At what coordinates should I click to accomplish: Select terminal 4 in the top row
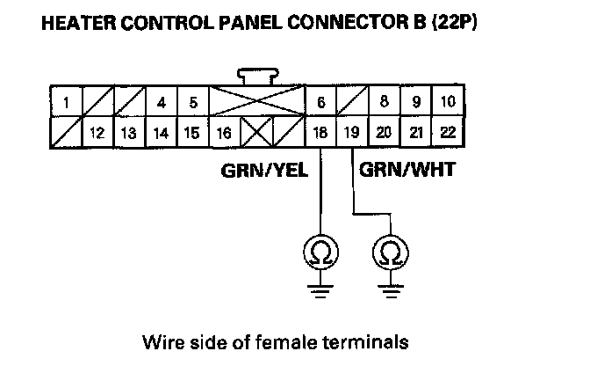tap(161, 102)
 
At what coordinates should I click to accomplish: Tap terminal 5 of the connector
tap(192, 102)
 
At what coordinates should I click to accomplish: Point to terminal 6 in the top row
tap(321, 102)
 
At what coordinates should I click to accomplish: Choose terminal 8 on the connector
tap(384, 102)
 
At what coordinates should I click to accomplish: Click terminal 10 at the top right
tap(448, 102)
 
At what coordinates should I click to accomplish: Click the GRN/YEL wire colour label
tap(263, 170)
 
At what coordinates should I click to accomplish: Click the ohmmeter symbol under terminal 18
tap(320, 253)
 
